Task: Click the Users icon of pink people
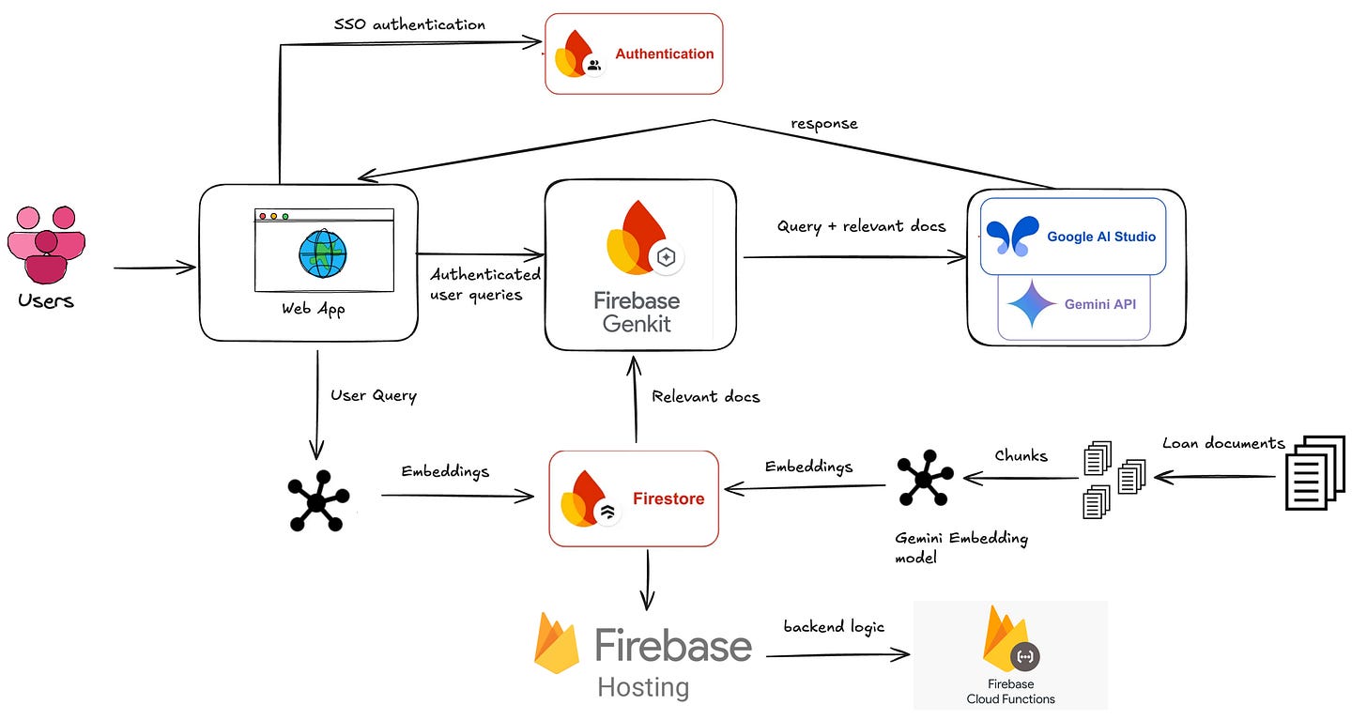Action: (46, 243)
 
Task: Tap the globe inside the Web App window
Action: (323, 253)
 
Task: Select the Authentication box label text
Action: (664, 54)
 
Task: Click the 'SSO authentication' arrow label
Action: (409, 24)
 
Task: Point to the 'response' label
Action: (823, 124)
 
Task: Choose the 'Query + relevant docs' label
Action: (861, 226)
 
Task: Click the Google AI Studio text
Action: (1100, 237)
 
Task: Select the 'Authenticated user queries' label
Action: (484, 283)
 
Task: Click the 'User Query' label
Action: (373, 395)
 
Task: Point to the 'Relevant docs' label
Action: (705, 396)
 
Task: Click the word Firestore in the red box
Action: (668, 498)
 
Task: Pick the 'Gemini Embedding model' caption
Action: (960, 547)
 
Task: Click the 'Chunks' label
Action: (1021, 455)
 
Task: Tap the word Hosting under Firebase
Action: (642, 687)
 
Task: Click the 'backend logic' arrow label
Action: (834, 627)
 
